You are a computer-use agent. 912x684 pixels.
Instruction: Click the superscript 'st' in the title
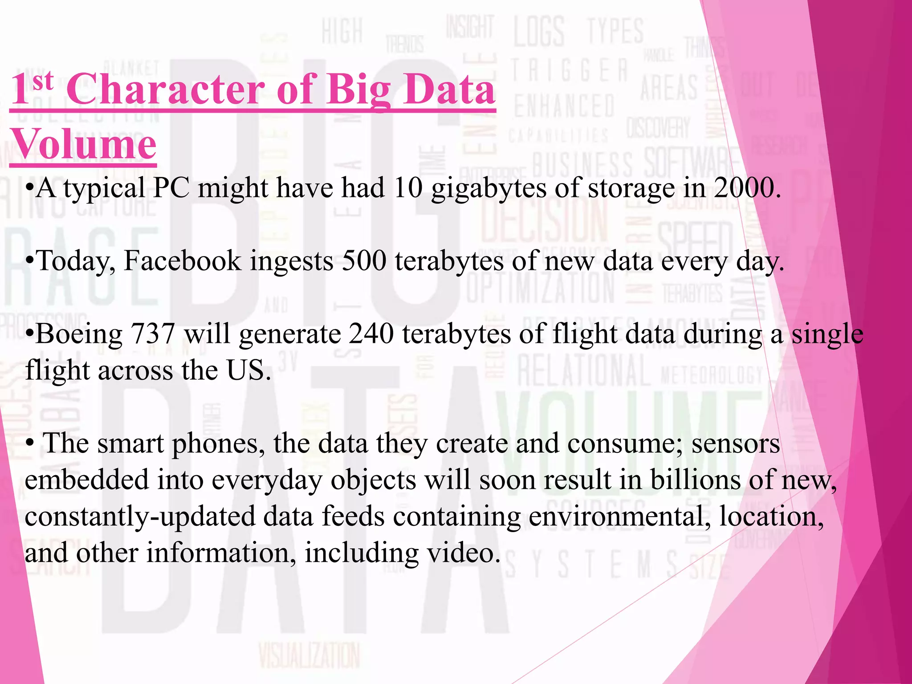[43, 81]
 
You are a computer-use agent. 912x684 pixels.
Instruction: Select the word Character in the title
[166, 90]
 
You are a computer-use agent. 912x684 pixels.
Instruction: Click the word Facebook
[182, 261]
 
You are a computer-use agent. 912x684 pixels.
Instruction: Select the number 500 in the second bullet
[364, 261]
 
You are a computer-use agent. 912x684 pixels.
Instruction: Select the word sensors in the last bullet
[735, 444]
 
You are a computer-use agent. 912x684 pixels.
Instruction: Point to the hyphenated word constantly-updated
[138, 517]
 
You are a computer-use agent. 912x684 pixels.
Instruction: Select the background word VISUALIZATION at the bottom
[309, 655]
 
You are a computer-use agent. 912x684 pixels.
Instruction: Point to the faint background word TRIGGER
[569, 71]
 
